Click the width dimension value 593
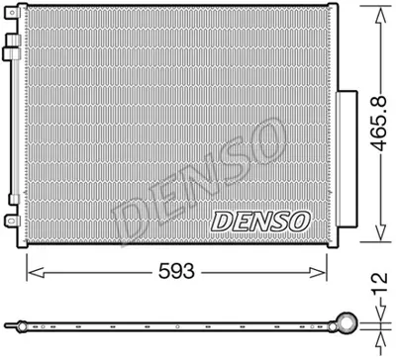click(x=177, y=268)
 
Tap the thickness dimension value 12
click(x=376, y=287)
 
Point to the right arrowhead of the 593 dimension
click(x=323, y=268)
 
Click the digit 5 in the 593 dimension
click(x=161, y=268)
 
